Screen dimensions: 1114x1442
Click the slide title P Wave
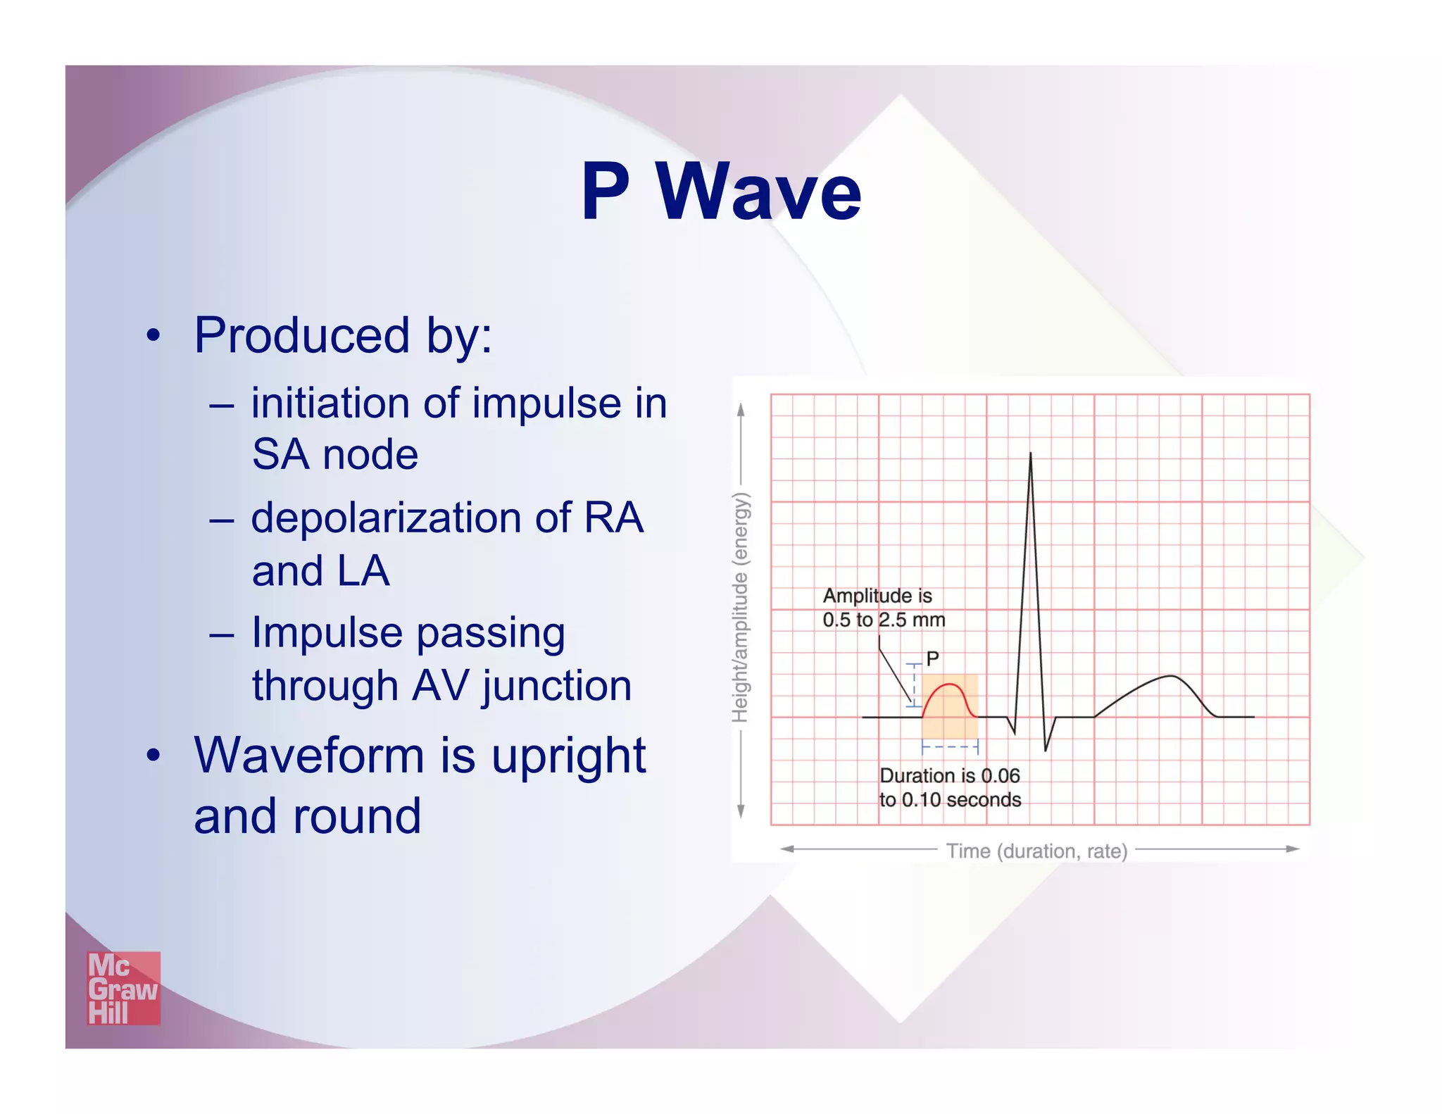pyautogui.click(x=721, y=192)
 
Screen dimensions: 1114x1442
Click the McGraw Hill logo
pyautogui.click(x=123, y=988)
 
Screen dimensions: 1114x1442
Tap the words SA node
pyautogui.click(x=335, y=454)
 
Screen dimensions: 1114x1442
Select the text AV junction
pyautogui.click(x=522, y=686)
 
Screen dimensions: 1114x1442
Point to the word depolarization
pyautogui.click(x=387, y=518)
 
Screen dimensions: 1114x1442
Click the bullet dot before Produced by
pyautogui.click(x=153, y=336)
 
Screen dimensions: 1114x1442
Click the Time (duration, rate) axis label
pyautogui.click(x=1036, y=851)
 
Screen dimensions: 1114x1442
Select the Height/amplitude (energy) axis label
pyautogui.click(x=740, y=607)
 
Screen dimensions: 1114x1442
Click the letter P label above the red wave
pyautogui.click(x=932, y=659)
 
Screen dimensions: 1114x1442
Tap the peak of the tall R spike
pyautogui.click(x=1030, y=454)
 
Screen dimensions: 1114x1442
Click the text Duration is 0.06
pyautogui.click(x=950, y=775)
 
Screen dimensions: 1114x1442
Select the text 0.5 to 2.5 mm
pyautogui.click(x=884, y=620)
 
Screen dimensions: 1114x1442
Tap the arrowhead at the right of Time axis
pyautogui.click(x=1293, y=849)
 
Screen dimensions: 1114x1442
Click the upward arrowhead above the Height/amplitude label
pyautogui.click(x=741, y=409)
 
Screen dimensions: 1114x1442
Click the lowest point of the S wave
pyautogui.click(x=1046, y=750)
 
